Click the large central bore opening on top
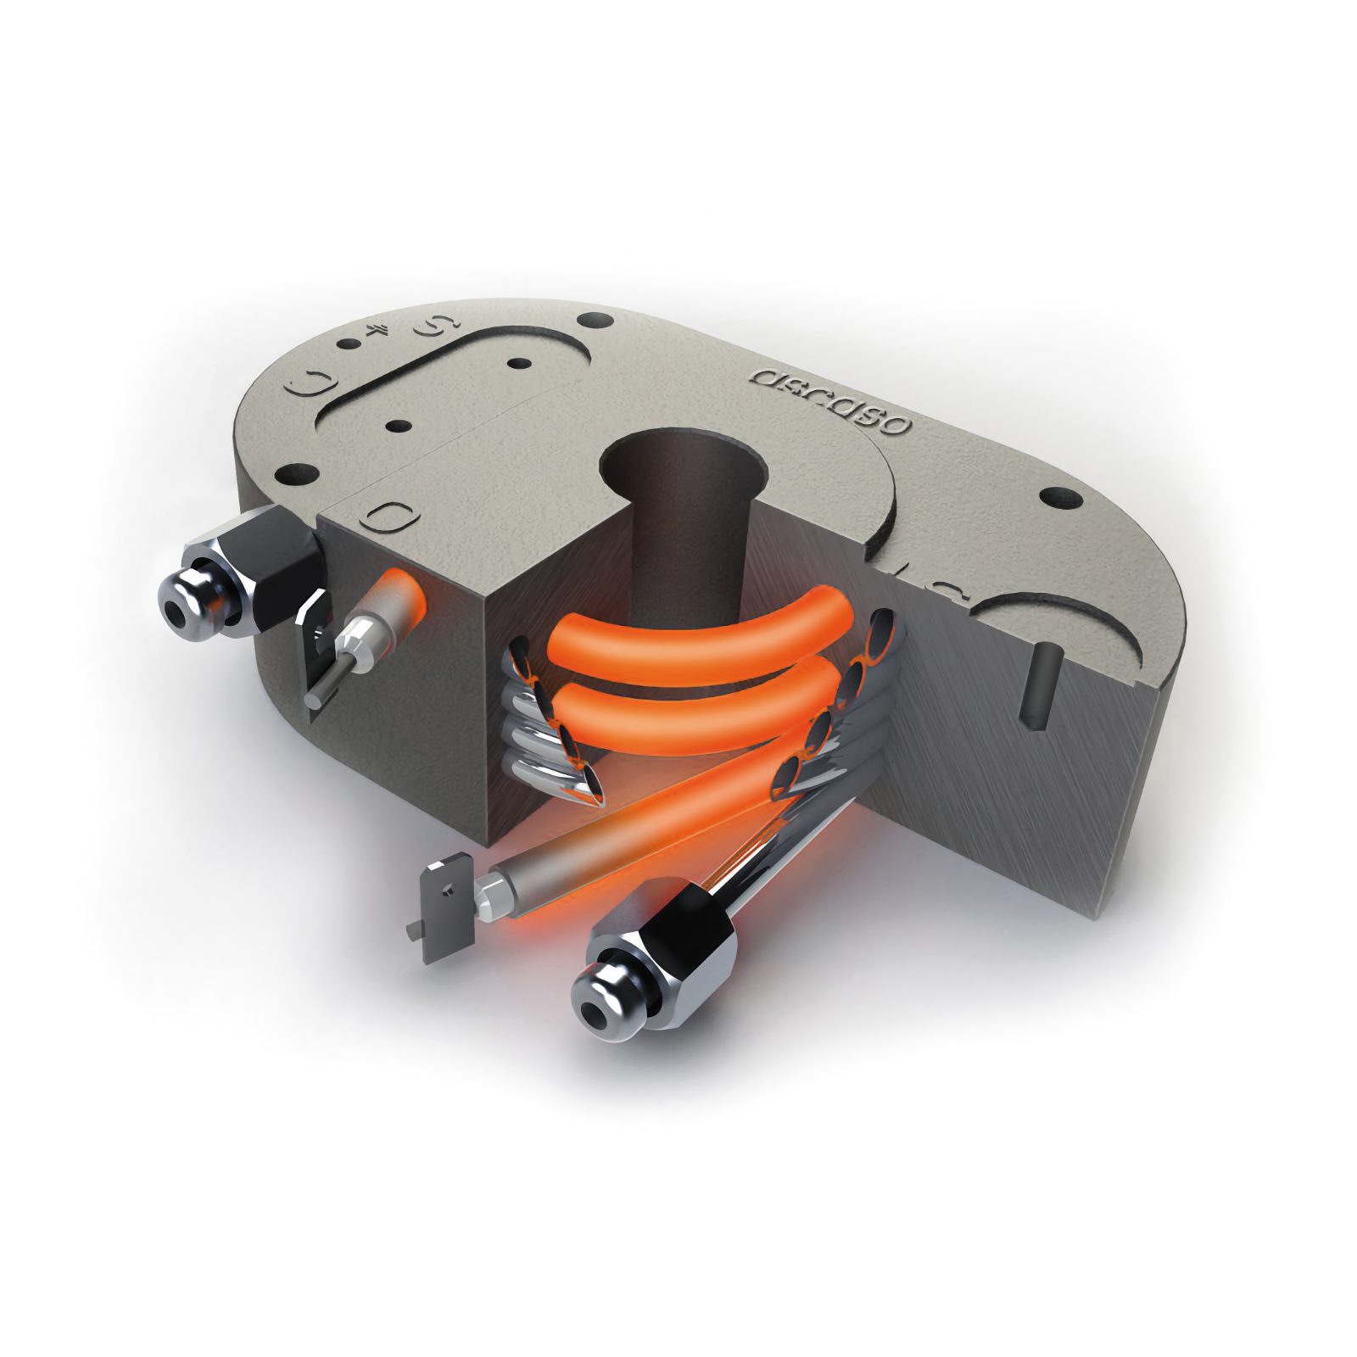coord(678,463)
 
